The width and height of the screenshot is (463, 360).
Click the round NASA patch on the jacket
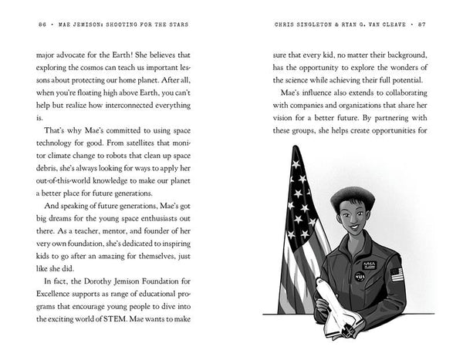point(360,275)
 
